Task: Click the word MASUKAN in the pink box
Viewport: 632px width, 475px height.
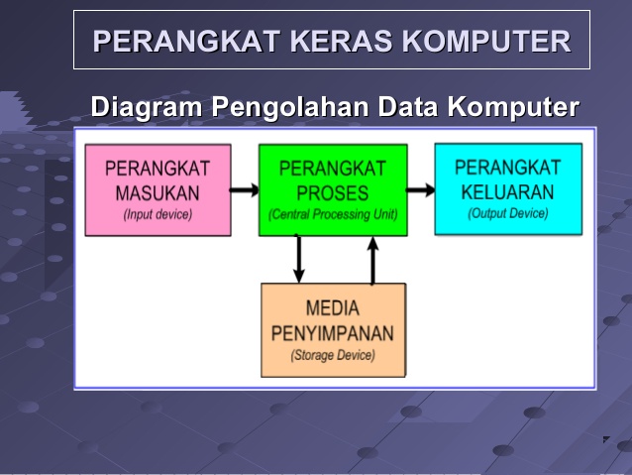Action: click(x=158, y=192)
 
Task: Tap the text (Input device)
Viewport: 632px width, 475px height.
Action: click(x=158, y=214)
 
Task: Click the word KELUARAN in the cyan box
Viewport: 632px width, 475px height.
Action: click(x=507, y=191)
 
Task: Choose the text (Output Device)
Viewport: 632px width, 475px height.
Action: click(x=507, y=213)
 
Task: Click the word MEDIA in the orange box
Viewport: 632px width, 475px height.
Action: click(x=333, y=308)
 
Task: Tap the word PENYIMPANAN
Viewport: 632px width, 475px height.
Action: click(x=333, y=333)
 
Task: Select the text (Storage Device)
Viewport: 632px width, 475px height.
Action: click(x=333, y=355)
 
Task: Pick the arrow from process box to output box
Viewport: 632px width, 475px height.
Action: click(x=421, y=189)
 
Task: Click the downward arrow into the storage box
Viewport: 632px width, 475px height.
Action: click(x=298, y=259)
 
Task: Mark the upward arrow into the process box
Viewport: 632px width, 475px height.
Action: click(x=372, y=260)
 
